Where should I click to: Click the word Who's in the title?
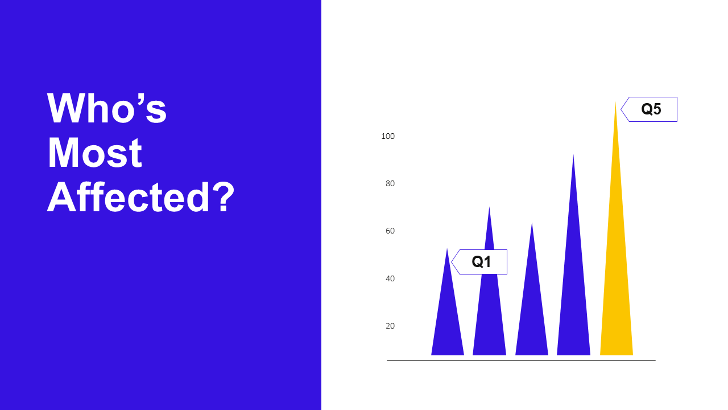[x=107, y=108]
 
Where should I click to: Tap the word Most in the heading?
[x=95, y=153]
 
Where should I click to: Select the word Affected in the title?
[x=129, y=197]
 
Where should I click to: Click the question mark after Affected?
[x=222, y=196]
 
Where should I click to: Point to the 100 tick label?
[x=388, y=136]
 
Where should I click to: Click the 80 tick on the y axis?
[x=390, y=183]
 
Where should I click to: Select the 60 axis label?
[x=390, y=231]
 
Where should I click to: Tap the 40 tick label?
[x=390, y=278]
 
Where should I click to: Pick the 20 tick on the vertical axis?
[x=390, y=326]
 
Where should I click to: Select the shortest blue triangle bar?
[x=448, y=319]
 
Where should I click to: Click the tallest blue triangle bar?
[x=574, y=293]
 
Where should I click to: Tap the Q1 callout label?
[x=479, y=262]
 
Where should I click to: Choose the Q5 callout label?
[x=650, y=109]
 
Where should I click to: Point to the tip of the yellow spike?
[x=615, y=102]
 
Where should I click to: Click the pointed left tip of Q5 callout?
[x=621, y=109]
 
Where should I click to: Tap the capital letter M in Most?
[x=62, y=153]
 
